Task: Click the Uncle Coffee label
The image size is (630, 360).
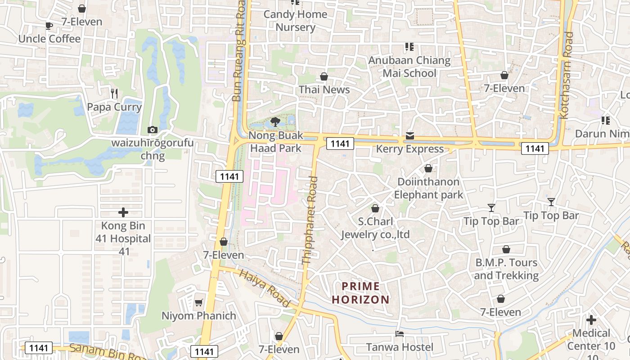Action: (x=49, y=39)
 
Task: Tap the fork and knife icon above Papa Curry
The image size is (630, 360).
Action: (x=114, y=93)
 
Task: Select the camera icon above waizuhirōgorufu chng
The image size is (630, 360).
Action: (x=153, y=130)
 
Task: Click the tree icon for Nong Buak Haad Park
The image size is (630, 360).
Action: (x=275, y=121)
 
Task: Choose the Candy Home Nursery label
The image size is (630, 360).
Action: (x=295, y=21)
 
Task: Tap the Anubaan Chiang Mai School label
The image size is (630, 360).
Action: (x=409, y=67)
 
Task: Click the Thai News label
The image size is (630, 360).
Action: (x=324, y=90)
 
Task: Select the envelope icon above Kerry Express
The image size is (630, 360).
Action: (x=409, y=135)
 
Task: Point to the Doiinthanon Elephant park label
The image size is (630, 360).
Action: (x=428, y=188)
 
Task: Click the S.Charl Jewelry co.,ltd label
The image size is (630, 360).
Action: (x=375, y=228)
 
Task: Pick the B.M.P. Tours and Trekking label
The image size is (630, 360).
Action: (x=506, y=269)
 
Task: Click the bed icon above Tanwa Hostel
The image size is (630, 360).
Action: (x=399, y=333)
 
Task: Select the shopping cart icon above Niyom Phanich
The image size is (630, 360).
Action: (x=198, y=302)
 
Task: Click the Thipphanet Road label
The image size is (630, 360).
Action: (x=310, y=220)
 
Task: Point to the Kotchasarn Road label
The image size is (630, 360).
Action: (x=567, y=75)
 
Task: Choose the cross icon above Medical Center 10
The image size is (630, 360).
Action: (x=591, y=320)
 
